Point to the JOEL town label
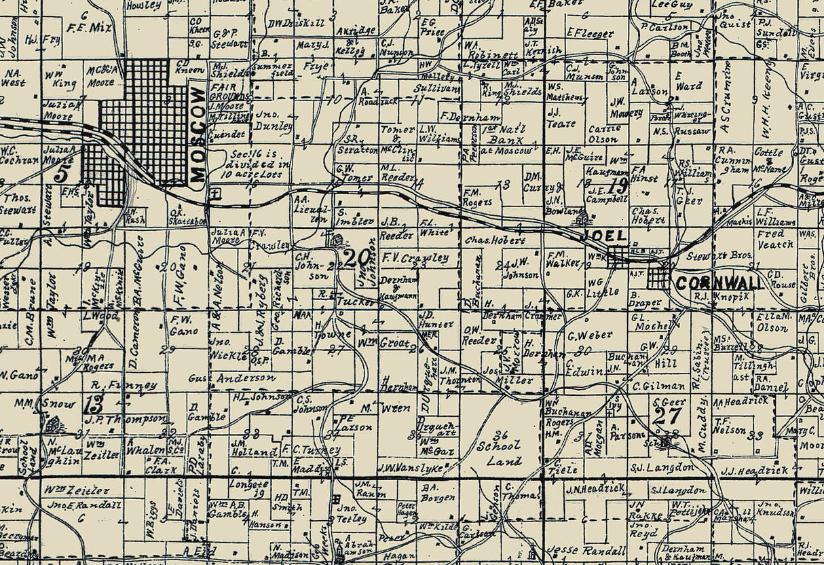(x=605, y=237)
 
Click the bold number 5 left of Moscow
(x=62, y=172)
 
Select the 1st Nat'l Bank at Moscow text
(x=506, y=143)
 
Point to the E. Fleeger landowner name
(x=589, y=33)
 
